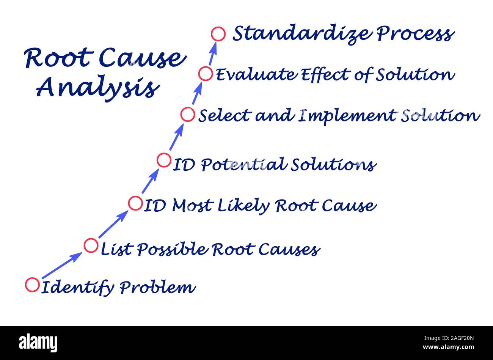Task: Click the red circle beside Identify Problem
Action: pos(32,285)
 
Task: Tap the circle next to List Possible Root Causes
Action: pos(91,245)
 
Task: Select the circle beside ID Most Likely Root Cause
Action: pos(135,203)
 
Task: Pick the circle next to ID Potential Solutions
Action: pos(164,160)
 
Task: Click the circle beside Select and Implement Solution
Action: pos(187,114)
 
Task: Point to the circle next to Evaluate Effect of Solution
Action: pos(206,74)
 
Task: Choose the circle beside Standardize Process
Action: pos(218,34)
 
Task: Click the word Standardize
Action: pos(302,34)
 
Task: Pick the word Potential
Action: pos(243,165)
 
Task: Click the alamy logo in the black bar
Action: pos(38,343)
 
